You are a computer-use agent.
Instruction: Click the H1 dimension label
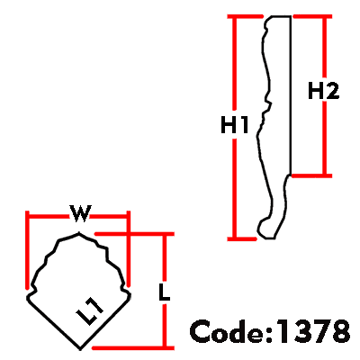(235, 125)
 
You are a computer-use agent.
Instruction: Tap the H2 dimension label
(324, 91)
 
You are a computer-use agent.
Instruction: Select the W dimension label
(80, 213)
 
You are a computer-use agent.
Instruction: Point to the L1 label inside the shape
(90, 312)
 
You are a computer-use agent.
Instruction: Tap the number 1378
(312, 331)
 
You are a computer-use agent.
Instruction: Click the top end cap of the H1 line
(245, 16)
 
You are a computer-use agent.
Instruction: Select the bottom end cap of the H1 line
(242, 238)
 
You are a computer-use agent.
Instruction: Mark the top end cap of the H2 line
(312, 16)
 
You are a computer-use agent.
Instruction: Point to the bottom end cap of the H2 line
(312, 175)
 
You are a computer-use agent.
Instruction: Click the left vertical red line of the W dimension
(27, 250)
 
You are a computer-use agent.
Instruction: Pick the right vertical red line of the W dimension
(129, 248)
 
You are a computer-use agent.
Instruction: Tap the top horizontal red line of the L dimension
(134, 234)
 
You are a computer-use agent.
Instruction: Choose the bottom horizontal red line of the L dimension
(133, 348)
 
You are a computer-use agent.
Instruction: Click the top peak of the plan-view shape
(79, 232)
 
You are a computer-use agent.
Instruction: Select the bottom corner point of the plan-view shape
(80, 349)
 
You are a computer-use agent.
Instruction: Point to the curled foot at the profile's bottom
(266, 228)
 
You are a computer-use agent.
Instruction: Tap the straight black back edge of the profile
(291, 95)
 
